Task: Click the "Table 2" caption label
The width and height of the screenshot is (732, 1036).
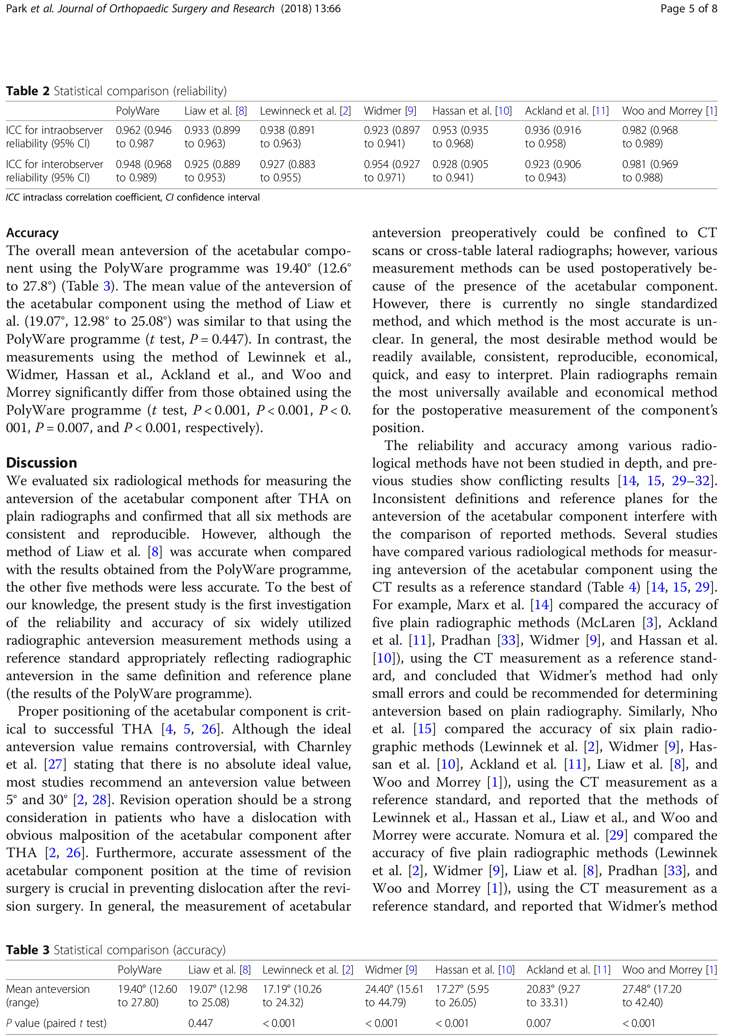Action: [x=27, y=91]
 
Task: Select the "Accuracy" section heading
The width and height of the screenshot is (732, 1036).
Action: [x=32, y=233]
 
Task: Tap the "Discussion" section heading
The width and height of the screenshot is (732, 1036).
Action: [x=41, y=463]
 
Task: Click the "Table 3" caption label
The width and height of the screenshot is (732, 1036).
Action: [x=27, y=950]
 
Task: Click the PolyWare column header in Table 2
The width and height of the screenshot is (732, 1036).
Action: [x=138, y=111]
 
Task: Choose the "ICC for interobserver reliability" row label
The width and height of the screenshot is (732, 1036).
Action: [x=54, y=171]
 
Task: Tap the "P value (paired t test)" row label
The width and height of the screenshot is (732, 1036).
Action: [x=57, y=1023]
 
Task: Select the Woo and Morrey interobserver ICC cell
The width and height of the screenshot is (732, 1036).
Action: [x=650, y=171]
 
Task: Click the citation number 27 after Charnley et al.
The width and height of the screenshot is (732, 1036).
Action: [x=55, y=764]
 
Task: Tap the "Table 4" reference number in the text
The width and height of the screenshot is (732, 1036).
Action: [x=633, y=587]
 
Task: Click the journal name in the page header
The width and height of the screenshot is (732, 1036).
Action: [x=166, y=8]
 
